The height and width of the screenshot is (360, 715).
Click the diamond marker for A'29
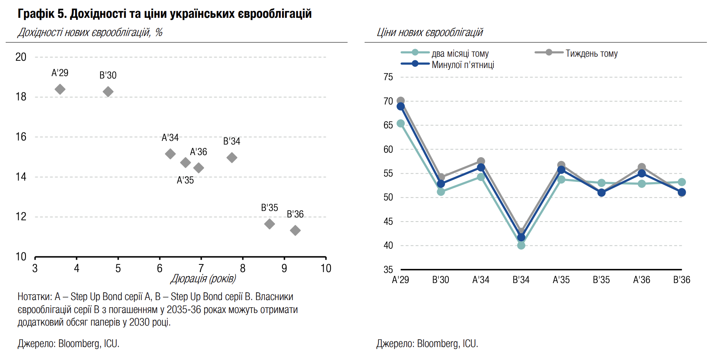click(60, 89)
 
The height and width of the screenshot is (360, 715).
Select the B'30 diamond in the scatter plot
click(108, 92)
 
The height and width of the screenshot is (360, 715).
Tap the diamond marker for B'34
click(232, 158)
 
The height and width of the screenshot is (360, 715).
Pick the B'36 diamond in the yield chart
click(295, 230)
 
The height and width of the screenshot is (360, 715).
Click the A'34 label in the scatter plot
click(170, 138)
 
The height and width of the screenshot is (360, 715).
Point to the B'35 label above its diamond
click(269, 208)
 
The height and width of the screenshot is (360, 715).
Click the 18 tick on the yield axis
click(21, 97)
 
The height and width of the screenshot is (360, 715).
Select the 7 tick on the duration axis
click(201, 268)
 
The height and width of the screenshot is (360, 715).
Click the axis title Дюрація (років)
click(203, 279)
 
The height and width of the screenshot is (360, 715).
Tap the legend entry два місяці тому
click(460, 53)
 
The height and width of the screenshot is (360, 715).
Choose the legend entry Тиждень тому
click(591, 53)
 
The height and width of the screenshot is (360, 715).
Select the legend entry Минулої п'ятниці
click(463, 65)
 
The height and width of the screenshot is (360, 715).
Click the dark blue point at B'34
click(521, 237)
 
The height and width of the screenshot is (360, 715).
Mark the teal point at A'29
click(401, 124)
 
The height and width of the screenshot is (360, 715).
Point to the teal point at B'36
click(682, 182)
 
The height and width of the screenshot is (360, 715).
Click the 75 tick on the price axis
click(388, 77)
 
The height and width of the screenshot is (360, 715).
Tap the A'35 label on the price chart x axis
click(561, 280)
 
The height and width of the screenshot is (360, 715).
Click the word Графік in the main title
click(36, 14)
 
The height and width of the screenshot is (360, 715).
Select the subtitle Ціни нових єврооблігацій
click(430, 32)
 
